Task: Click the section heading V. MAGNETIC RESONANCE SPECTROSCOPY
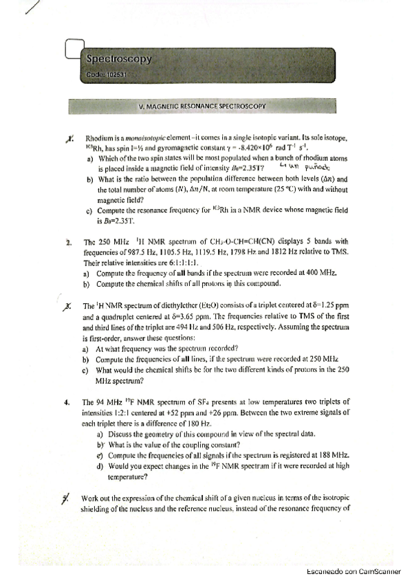202,107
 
